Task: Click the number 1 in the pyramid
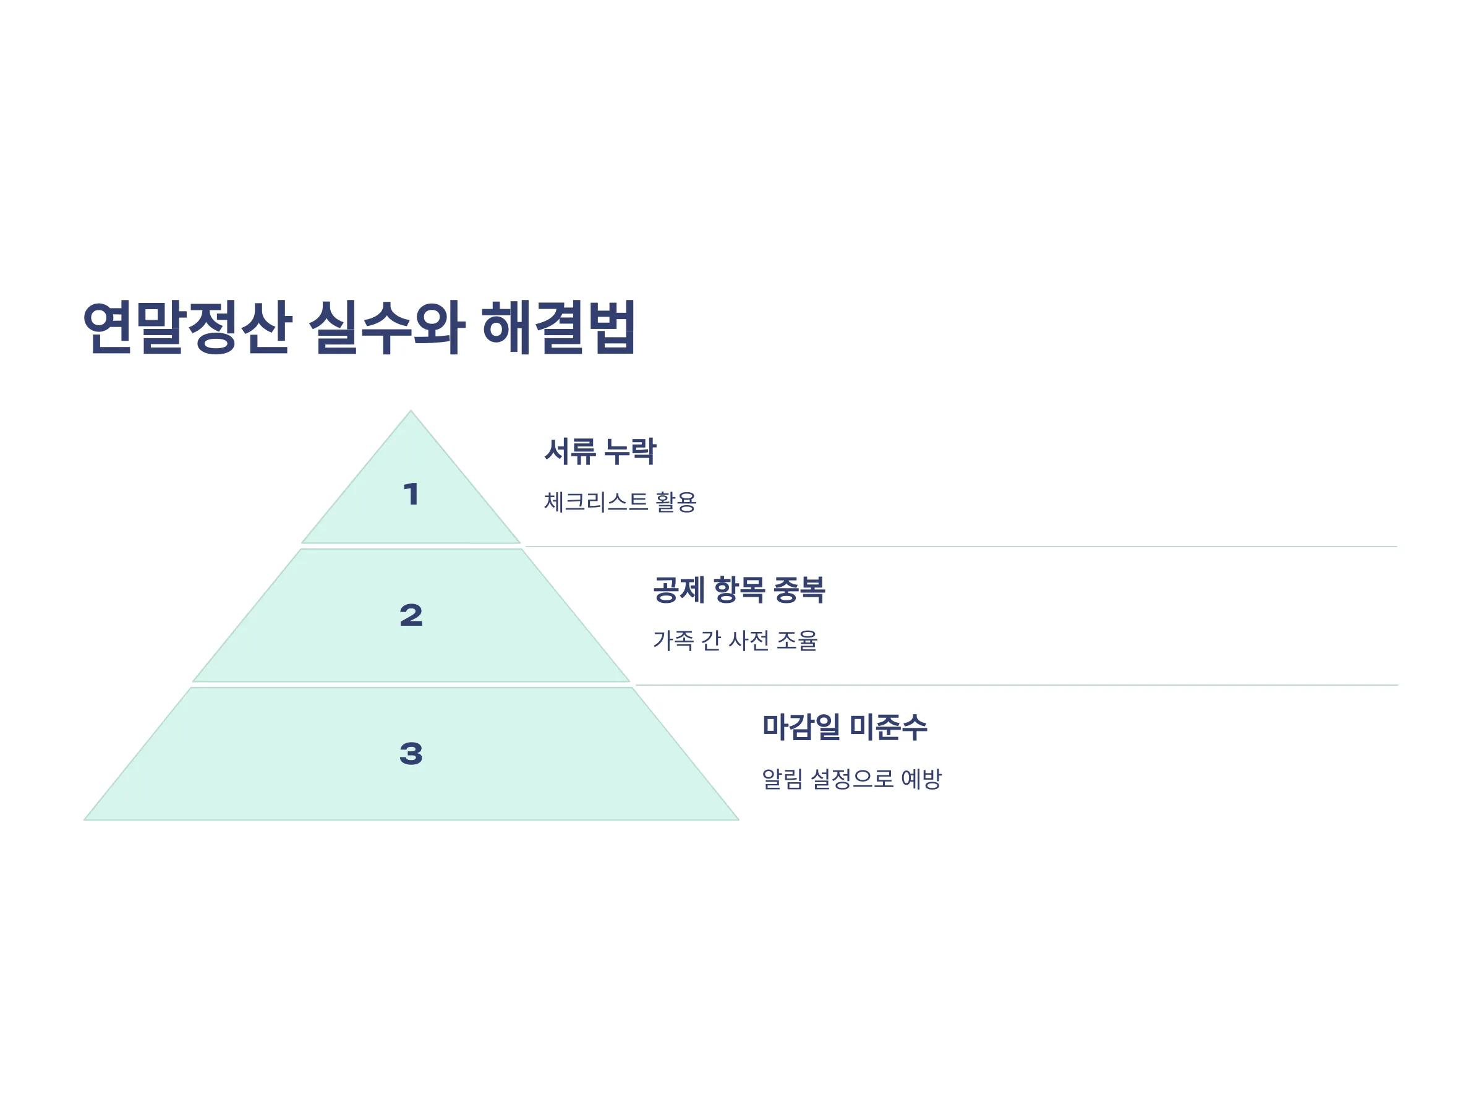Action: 411,495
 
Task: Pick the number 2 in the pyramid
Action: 411,615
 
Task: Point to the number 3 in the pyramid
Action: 411,753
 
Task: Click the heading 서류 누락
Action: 600,451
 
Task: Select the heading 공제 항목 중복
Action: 740,590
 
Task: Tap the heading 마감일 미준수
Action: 845,727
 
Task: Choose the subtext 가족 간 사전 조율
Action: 736,640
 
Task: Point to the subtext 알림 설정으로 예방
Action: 852,778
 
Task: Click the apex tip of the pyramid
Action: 411,411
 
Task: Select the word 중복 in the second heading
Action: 799,590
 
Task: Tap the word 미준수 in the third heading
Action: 889,727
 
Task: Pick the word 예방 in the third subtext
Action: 922,778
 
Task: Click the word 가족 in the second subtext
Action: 673,640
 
